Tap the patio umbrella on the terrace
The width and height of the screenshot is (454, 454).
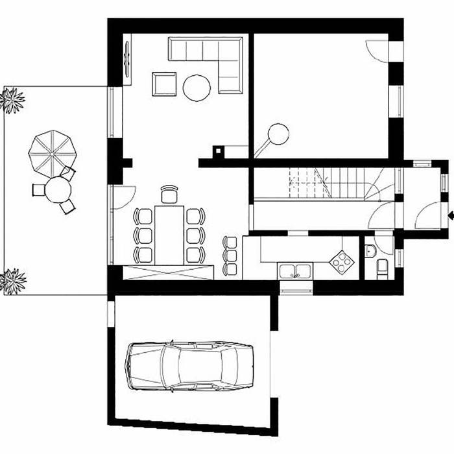tap(54, 152)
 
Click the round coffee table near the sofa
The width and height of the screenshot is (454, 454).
tap(197, 88)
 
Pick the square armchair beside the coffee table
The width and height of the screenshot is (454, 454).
tap(165, 84)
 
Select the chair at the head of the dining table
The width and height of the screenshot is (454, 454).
tap(169, 193)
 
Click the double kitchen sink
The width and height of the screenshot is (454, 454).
tap(295, 269)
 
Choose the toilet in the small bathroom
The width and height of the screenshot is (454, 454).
tap(382, 267)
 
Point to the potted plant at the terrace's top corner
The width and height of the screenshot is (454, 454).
tap(12, 101)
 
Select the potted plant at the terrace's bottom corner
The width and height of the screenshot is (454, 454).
tap(12, 280)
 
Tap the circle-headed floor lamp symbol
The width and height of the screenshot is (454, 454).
tap(278, 133)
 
